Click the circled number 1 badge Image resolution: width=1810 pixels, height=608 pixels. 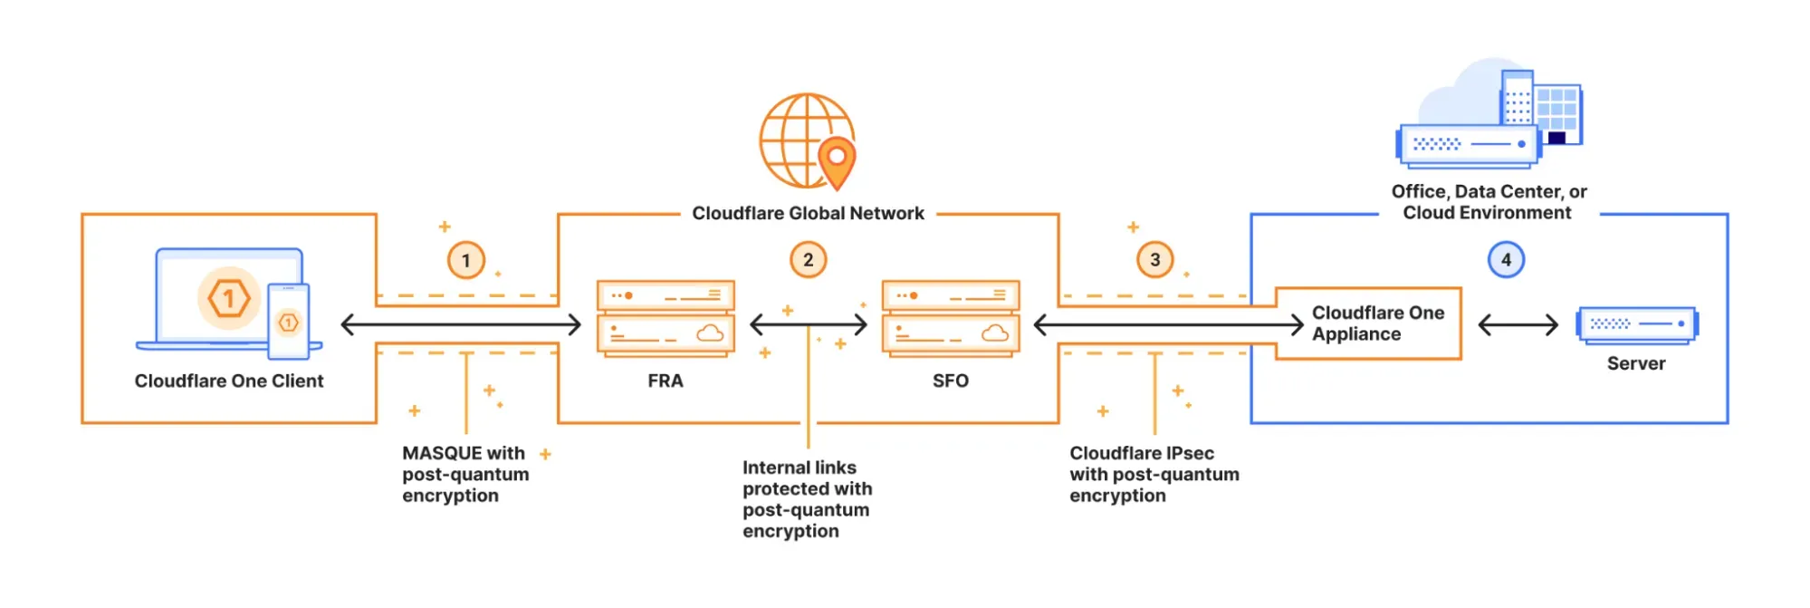(x=466, y=261)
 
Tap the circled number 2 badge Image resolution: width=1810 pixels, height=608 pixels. (x=808, y=260)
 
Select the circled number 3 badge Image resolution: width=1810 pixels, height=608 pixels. (x=1154, y=260)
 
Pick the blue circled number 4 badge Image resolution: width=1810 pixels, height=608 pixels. (x=1506, y=260)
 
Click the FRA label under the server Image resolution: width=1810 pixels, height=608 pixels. (x=665, y=381)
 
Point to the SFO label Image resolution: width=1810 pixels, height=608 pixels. (x=950, y=381)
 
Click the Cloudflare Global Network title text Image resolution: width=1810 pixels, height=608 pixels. (x=808, y=214)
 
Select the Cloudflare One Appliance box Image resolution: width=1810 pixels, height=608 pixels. (x=1368, y=323)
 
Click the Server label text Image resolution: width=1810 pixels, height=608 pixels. (x=1635, y=364)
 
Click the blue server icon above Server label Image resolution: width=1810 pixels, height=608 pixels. (x=1636, y=323)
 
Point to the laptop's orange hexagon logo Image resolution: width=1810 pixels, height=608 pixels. (x=228, y=298)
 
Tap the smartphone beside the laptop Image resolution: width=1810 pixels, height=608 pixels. (x=288, y=322)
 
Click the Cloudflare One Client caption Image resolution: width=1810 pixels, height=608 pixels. (x=228, y=381)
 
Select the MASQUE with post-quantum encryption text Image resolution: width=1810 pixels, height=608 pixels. (x=464, y=474)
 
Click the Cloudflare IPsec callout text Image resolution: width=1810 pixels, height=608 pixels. (x=1153, y=474)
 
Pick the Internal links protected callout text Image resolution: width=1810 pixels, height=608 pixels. (x=806, y=499)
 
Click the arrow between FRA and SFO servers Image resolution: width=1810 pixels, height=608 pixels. (x=808, y=323)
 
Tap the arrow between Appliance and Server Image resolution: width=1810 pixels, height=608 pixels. (x=1518, y=324)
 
